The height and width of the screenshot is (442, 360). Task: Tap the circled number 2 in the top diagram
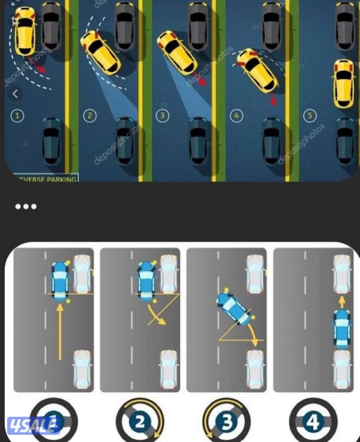[90, 116]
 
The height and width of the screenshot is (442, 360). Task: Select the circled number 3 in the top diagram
[162, 116]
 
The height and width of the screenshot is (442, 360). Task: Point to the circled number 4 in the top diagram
[236, 116]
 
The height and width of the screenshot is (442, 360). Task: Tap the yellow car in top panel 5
[343, 84]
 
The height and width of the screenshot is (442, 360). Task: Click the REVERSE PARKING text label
[46, 179]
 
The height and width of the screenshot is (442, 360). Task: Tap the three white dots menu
[26, 207]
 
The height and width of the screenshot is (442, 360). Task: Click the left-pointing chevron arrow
[15, 94]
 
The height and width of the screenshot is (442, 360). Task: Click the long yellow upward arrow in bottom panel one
[60, 331]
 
